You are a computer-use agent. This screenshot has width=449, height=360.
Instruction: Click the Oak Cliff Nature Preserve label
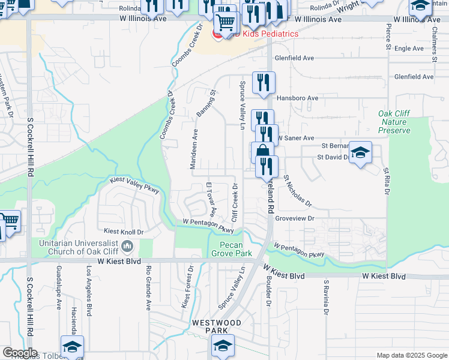pyautogui.click(x=394, y=122)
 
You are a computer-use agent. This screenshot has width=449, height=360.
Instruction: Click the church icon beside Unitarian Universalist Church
pyautogui.click(x=127, y=245)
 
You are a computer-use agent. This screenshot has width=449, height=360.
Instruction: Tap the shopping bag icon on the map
pyautogui.click(x=263, y=153)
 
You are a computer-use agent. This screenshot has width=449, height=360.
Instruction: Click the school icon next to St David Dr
pyautogui.click(x=360, y=153)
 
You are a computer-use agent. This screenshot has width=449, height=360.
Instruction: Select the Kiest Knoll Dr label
pyautogui.click(x=124, y=231)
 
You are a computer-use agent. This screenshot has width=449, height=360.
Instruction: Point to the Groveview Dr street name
pyautogui.click(x=294, y=219)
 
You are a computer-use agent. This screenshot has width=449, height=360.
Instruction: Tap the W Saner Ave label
pyautogui.click(x=295, y=138)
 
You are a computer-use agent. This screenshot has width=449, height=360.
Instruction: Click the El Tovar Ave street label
pyautogui.click(x=211, y=200)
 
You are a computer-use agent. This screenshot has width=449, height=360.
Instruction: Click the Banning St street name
pyautogui.click(x=205, y=103)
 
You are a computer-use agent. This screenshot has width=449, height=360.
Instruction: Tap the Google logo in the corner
pyautogui.click(x=20, y=353)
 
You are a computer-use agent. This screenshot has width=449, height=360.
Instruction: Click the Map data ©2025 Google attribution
pyautogui.click(x=411, y=355)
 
